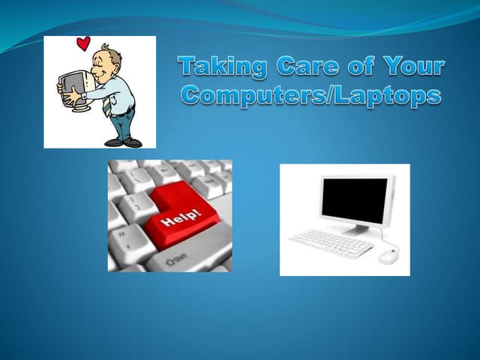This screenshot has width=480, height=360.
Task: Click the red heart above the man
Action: point(83,43)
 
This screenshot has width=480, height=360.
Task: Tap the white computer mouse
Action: point(388,256)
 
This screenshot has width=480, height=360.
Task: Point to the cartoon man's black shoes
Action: point(124,142)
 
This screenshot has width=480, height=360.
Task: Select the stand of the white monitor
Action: point(355,229)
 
